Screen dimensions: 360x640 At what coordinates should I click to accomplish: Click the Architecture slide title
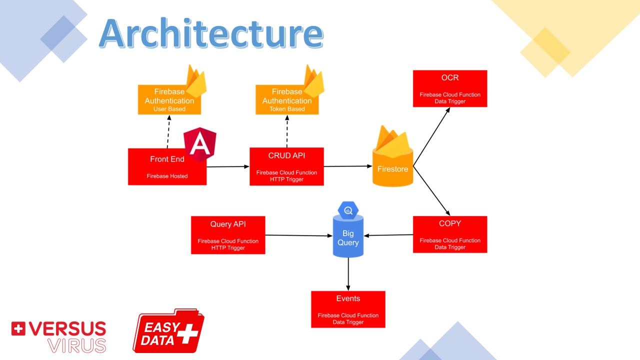210,34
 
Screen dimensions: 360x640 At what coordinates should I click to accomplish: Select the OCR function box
449,88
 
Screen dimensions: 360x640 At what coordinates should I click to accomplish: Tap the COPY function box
449,234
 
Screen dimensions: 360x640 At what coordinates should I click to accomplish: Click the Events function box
348,309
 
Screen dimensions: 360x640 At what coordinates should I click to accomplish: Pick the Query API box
228,235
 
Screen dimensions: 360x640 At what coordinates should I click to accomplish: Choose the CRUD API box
286,166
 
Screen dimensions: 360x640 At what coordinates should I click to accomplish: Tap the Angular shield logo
200,144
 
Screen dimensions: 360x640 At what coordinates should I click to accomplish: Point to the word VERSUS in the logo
67,329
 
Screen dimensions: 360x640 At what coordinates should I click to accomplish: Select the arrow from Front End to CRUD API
228,166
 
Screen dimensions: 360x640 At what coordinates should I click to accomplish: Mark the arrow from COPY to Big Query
388,235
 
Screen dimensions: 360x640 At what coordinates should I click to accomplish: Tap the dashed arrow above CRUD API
287,131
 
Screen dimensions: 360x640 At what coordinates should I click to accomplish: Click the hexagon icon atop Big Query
348,210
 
